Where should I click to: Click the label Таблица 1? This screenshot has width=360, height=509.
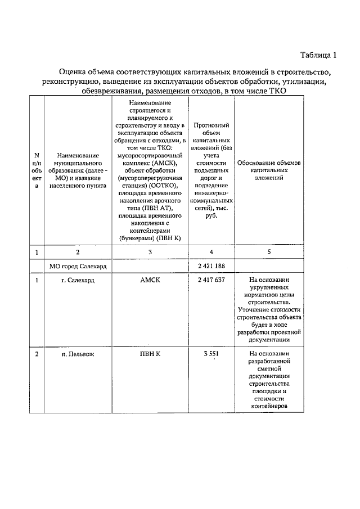pos(318,55)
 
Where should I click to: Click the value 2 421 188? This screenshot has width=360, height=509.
pos(211,264)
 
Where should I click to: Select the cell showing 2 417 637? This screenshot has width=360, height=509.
pos(211,280)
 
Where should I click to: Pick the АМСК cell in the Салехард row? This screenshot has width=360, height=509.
pos(150,280)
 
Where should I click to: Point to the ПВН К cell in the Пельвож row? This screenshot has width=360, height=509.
pos(150,354)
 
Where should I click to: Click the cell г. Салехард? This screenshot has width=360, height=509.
pos(78,280)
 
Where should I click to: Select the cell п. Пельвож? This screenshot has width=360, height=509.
pos(78,354)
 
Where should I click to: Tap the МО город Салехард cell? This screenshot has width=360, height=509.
pos(78,264)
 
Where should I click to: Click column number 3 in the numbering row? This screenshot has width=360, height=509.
pos(150,251)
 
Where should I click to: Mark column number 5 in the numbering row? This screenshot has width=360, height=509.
pos(269,251)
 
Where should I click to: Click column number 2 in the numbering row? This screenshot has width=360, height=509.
pos(78,251)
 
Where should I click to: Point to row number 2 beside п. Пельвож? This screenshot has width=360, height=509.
pos(37,354)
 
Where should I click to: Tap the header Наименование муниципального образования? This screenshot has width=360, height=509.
pos(78,172)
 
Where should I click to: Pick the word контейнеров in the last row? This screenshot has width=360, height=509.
pos(269,405)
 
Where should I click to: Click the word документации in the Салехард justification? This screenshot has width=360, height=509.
pos(269,340)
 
